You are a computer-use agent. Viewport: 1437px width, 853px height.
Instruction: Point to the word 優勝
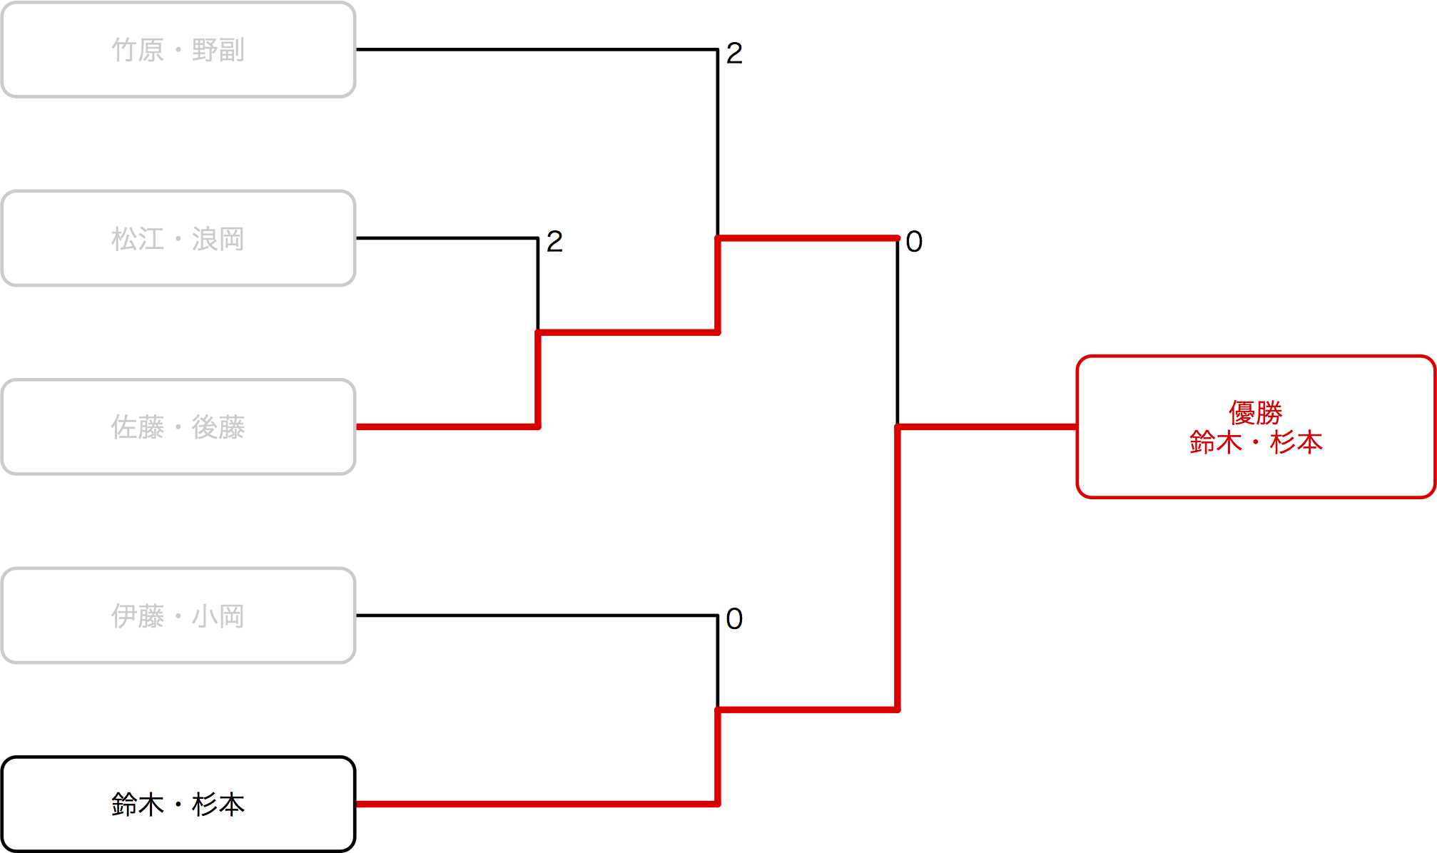pyautogui.click(x=1256, y=412)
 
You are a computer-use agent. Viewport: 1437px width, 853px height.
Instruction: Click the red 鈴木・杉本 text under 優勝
pyautogui.click(x=1256, y=443)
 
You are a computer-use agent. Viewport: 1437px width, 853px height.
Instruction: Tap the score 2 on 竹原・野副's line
pyautogui.click(x=734, y=53)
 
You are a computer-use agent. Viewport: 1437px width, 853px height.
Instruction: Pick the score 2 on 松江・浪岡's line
pyautogui.click(x=554, y=242)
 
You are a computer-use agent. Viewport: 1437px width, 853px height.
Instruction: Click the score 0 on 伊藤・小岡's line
pyautogui.click(x=734, y=619)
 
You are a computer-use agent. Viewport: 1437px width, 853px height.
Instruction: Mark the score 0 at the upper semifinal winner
pyautogui.click(x=914, y=242)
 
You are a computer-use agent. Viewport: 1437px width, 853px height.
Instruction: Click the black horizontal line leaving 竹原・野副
pyautogui.click(x=535, y=49)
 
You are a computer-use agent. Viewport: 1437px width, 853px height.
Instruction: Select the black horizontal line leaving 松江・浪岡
pyautogui.click(x=446, y=237)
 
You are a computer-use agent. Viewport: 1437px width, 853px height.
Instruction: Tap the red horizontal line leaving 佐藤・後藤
pyautogui.click(x=446, y=426)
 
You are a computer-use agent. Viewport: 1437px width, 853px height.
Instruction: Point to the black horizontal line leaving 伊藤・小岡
pyautogui.click(x=535, y=615)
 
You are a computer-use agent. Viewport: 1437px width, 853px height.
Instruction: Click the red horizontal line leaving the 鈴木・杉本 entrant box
pyautogui.click(x=535, y=804)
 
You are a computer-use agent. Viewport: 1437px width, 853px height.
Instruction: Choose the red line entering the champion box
pyautogui.click(x=988, y=426)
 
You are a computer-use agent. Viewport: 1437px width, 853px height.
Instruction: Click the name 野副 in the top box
pyautogui.click(x=218, y=51)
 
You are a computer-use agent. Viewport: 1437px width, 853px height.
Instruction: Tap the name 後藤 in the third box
pyautogui.click(x=218, y=428)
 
